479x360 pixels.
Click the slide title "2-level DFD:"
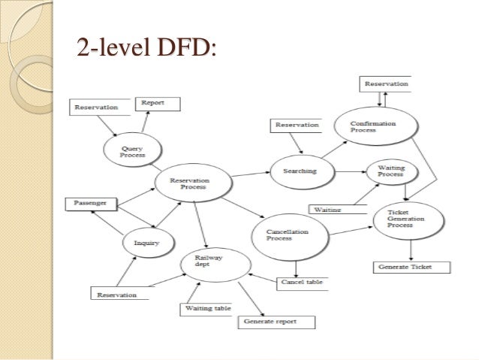pyautogui.click(x=145, y=49)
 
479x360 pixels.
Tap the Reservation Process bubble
pyautogui.click(x=190, y=184)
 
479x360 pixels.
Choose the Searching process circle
pyautogui.click(x=299, y=171)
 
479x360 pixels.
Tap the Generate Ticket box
pyautogui.click(x=412, y=267)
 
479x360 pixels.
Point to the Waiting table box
pyautogui.click(x=206, y=309)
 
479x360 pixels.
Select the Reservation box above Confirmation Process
pyautogui.click(x=386, y=84)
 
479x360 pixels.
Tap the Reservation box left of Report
pyautogui.click(x=96, y=107)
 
